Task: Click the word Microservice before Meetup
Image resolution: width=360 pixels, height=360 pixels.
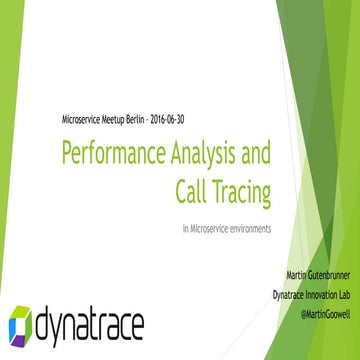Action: point(85,119)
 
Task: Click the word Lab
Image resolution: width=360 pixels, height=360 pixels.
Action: point(338,293)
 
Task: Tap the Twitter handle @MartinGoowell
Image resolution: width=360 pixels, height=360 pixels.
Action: point(316,311)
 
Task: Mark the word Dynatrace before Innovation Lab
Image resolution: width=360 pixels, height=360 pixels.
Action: point(265,293)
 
